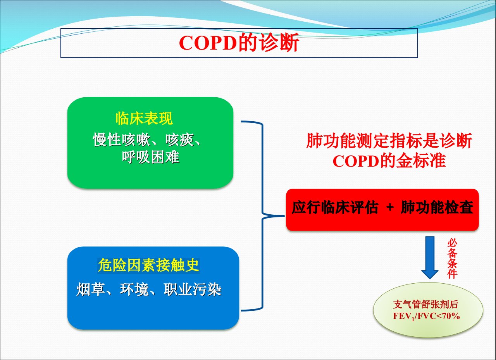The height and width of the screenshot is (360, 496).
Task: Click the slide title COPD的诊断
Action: click(x=239, y=43)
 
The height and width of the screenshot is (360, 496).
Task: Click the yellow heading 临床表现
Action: click(x=144, y=118)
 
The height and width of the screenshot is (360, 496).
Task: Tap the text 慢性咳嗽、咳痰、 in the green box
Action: click(x=147, y=140)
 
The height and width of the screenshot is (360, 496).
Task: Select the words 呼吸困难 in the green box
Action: click(x=151, y=157)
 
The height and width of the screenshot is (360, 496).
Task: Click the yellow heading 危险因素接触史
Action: click(x=148, y=265)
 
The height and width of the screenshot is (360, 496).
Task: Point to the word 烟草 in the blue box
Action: click(x=91, y=289)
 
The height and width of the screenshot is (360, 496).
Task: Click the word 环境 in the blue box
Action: click(x=134, y=289)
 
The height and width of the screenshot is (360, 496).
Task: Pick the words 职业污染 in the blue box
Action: click(x=193, y=289)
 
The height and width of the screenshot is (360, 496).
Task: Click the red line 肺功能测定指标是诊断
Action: click(x=389, y=141)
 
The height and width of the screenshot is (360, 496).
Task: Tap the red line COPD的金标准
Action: click(x=389, y=161)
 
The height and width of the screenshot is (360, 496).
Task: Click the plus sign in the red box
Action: click(x=390, y=207)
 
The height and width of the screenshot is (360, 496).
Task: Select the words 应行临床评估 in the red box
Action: click(x=335, y=207)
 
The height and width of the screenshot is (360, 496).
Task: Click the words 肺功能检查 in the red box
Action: click(x=437, y=207)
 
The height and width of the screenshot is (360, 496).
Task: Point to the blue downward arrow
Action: click(x=430, y=257)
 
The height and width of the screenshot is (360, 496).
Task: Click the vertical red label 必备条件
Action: click(x=452, y=258)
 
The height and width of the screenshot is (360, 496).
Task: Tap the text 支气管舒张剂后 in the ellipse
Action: click(x=425, y=305)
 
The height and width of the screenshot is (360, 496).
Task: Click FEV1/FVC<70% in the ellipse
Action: click(x=427, y=316)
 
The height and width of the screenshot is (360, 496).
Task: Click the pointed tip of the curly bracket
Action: click(x=284, y=216)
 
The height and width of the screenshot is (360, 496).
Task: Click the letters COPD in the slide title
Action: click(x=208, y=43)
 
